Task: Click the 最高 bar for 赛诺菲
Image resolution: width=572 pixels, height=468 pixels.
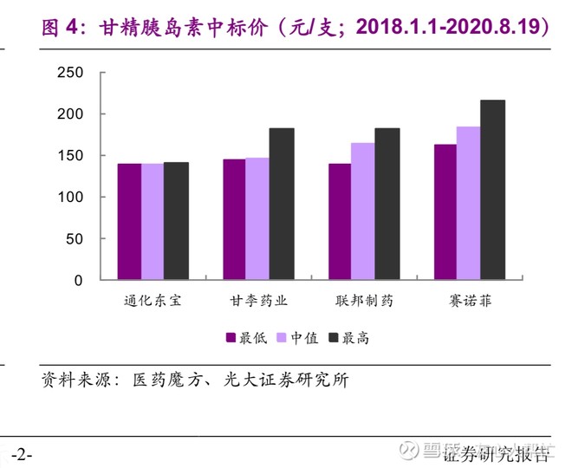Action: click(x=492, y=190)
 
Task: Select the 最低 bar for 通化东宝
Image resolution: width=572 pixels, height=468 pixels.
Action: click(x=129, y=222)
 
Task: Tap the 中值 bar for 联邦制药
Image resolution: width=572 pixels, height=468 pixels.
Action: click(x=363, y=211)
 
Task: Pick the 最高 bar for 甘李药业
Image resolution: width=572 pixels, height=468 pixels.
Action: click(x=282, y=204)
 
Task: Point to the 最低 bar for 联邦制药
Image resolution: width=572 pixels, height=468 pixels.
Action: click(x=340, y=222)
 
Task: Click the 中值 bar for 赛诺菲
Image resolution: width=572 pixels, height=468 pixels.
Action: click(x=469, y=204)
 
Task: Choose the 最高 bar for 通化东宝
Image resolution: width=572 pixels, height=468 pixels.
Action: click(x=176, y=221)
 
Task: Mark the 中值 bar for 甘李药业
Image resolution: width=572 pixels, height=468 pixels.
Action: click(x=257, y=218)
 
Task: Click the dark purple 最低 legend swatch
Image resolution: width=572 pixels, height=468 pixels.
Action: click(x=231, y=337)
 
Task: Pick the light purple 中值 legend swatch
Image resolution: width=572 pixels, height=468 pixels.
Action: click(x=283, y=337)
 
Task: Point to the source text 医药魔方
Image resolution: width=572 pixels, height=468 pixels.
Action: click(x=163, y=380)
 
